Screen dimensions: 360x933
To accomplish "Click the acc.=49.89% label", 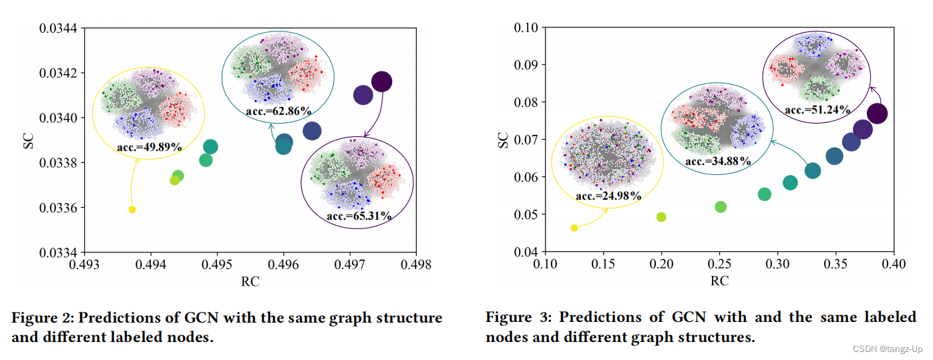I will [x=150, y=146].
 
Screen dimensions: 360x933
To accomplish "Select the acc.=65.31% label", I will [x=359, y=216].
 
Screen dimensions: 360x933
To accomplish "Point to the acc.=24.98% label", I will [x=608, y=196].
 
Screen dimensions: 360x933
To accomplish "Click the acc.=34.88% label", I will [x=718, y=162].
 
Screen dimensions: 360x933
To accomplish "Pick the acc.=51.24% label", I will [x=817, y=110].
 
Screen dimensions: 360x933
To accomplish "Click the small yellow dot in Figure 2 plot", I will [x=132, y=210].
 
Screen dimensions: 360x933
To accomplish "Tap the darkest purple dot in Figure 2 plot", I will [x=381, y=81].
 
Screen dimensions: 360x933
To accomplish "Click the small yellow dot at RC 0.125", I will [x=574, y=228].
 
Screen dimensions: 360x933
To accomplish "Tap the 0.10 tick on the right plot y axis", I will [x=525, y=28].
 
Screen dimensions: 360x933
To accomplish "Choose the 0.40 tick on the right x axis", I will [x=894, y=264].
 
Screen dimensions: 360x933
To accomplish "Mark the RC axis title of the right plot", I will [x=719, y=281].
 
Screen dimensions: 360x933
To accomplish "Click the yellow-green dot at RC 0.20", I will [x=661, y=217].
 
